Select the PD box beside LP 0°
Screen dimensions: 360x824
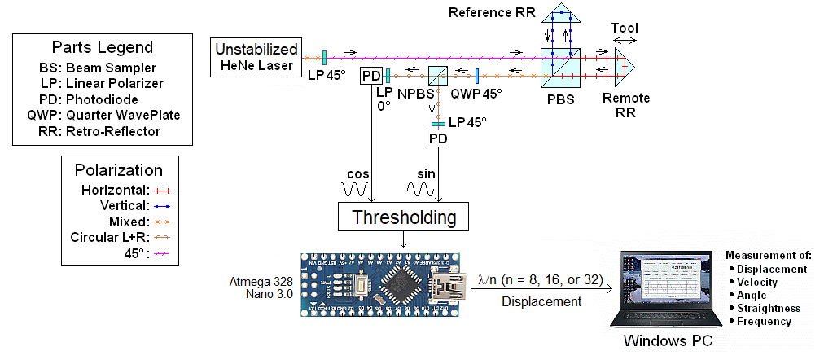(x=371, y=76)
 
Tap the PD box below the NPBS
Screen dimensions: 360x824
(x=438, y=139)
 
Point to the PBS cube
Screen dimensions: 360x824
(x=560, y=66)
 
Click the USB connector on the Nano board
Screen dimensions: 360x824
(x=449, y=290)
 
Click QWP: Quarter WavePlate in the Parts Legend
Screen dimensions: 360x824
(x=103, y=115)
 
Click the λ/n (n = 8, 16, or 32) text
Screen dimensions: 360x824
(x=541, y=279)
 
